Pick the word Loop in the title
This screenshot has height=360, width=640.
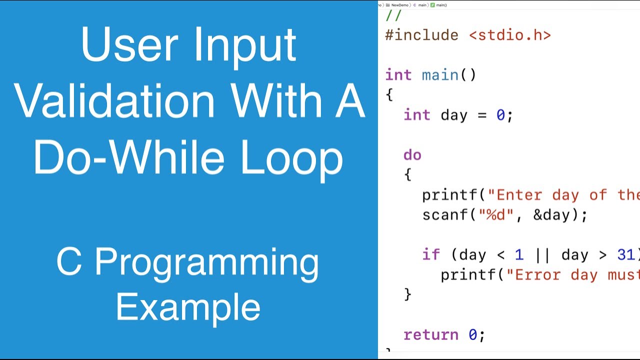pyautogui.click(x=292, y=158)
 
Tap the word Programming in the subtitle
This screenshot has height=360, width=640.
pyautogui.click(x=206, y=262)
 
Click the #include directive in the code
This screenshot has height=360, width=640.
pyautogui.click(x=421, y=35)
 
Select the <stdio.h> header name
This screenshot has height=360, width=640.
pyautogui.click(x=510, y=35)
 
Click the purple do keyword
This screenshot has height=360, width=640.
pyautogui.click(x=412, y=155)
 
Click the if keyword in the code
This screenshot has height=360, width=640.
pyautogui.click(x=431, y=255)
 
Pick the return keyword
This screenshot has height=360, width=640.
pyautogui.click(x=431, y=334)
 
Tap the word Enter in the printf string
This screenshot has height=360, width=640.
pyautogui.click(x=519, y=195)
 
